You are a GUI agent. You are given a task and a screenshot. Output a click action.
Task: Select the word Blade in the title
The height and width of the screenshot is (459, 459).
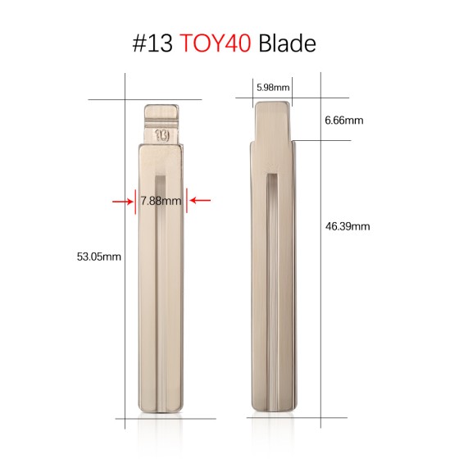287,43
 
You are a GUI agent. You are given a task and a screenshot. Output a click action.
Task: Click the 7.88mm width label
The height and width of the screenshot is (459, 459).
161,200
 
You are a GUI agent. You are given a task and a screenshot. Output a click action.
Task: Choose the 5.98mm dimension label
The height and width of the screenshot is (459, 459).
272,86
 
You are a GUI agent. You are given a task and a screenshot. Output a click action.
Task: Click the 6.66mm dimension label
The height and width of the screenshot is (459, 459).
343,120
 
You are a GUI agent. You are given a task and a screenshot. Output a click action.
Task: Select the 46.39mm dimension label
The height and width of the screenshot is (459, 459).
348,226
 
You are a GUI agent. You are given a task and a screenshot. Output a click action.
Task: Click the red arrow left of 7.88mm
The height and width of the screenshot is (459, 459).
123,199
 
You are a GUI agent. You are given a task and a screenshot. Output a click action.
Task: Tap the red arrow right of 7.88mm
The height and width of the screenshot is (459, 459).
200,199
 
